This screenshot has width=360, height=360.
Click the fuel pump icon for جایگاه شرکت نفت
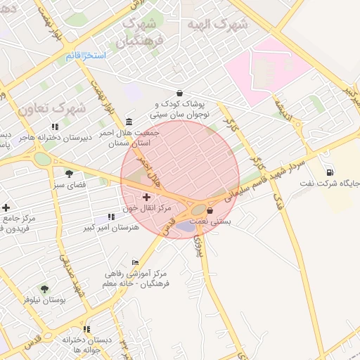[330, 172]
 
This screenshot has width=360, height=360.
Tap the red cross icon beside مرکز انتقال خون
[147, 199]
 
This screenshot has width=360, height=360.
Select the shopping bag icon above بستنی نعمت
[210, 210]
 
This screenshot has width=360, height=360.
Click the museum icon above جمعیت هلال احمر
[128, 121]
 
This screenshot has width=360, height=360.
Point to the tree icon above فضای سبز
[69, 173]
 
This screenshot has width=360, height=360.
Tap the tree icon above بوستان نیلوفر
[44, 288]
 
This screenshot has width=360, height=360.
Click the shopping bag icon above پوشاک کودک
[180, 93]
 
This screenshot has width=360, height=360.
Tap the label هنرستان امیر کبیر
[108, 228]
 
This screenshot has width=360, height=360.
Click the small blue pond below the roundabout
[186, 226]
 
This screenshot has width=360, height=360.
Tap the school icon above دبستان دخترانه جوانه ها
[86, 328]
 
